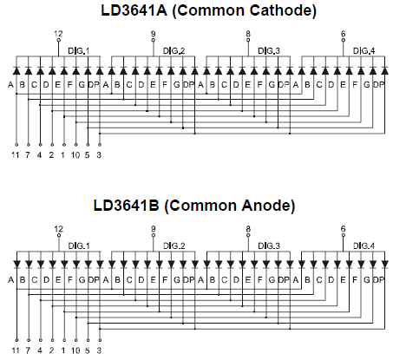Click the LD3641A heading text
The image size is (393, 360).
tap(134, 10)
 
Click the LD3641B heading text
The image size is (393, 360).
tap(127, 206)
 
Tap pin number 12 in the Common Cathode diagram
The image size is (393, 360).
tap(58, 34)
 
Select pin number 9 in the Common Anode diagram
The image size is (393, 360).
tap(154, 229)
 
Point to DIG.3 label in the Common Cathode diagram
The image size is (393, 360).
tap(269, 51)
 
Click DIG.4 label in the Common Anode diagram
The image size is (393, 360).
tap(364, 245)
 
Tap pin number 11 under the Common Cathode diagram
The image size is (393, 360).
tap(16, 155)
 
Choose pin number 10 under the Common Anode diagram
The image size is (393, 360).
tap(75, 350)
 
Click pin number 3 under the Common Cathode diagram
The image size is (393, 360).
tap(99, 155)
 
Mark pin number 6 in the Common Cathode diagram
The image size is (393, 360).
tap(343, 34)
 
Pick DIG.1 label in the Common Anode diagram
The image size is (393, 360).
tap(79, 245)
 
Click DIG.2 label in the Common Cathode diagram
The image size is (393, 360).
tap(174, 51)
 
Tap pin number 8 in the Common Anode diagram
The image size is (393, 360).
tap(248, 229)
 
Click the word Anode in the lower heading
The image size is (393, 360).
tap(265, 206)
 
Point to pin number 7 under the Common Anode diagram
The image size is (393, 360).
tap(28, 350)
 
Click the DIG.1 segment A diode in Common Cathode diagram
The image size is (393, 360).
tap(16, 70)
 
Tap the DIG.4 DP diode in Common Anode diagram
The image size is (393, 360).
tap(384, 265)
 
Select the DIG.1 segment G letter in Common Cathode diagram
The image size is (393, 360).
tap(82, 85)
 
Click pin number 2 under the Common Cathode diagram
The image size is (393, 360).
tap(51, 155)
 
